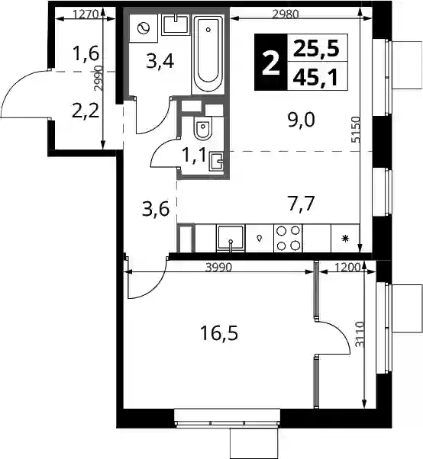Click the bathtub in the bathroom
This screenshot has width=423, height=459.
click(x=208, y=54)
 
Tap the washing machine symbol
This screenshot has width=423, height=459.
click(x=144, y=28)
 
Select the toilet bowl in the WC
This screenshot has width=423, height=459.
click(x=202, y=129)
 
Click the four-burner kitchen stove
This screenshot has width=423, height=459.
click(x=288, y=239)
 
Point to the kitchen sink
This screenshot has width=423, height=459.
click(x=231, y=239)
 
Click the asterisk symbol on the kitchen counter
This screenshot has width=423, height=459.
click(x=346, y=239)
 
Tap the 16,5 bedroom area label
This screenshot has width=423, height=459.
click(x=219, y=333)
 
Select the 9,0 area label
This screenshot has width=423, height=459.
click(x=302, y=120)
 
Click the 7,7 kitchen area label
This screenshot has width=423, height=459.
click(x=302, y=204)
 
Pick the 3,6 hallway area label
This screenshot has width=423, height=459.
click(x=156, y=209)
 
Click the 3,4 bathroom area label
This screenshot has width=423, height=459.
click(x=160, y=62)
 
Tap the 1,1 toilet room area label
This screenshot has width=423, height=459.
click(x=195, y=155)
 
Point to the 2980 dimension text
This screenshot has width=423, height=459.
click(x=286, y=14)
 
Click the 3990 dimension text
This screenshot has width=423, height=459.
click(x=218, y=267)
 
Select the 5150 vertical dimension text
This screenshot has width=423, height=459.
click(x=356, y=130)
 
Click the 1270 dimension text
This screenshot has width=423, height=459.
click(x=86, y=14)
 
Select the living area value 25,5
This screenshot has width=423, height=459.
click(x=316, y=48)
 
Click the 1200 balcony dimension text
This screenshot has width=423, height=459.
click(x=347, y=267)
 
